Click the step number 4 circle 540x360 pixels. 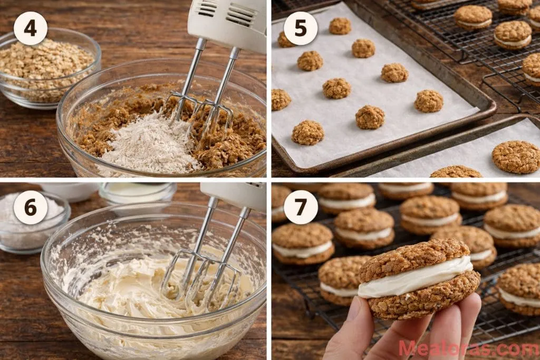pos(31,28)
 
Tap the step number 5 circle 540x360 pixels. pos(301,28)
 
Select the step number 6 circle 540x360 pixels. pos(31,207)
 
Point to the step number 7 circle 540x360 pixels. pos(301,207)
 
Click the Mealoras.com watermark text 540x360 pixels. pos(468,348)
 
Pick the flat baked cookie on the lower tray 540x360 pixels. pos(516,157)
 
